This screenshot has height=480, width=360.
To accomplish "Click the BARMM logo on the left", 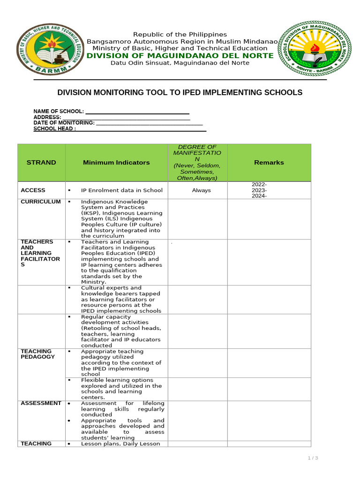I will click(46, 49).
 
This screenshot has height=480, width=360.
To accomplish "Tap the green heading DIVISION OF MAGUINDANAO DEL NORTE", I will click(180, 56).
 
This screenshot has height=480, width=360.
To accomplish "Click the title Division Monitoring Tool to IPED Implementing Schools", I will click(180, 93).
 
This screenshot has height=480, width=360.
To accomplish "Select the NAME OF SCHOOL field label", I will click(59, 112).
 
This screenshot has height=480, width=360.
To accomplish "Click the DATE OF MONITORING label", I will click(64, 123).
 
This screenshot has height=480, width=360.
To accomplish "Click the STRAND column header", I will click(41, 163).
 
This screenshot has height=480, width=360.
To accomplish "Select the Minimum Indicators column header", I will click(116, 163).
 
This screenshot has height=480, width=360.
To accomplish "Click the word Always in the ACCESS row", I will click(201, 190).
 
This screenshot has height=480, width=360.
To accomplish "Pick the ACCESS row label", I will click(33, 190).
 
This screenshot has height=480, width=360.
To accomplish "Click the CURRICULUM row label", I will click(41, 202).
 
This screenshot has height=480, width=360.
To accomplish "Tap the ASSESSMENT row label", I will click(41, 403).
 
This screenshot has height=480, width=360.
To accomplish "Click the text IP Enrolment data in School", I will click(121, 190).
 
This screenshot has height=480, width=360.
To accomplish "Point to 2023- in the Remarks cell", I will click(259, 190).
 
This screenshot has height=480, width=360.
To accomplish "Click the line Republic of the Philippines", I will click(180, 35).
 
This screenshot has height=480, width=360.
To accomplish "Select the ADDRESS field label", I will click(47, 117).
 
